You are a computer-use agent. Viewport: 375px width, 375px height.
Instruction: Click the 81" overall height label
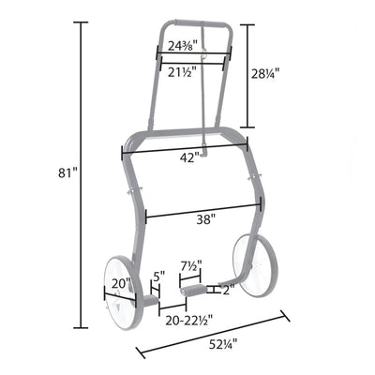[67, 172]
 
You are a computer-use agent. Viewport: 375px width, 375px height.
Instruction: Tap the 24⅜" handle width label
[184, 46]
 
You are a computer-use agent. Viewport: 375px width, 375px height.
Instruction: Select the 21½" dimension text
[182, 72]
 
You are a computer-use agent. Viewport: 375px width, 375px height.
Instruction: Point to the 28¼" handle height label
[265, 74]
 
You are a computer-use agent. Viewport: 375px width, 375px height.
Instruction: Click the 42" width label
[189, 158]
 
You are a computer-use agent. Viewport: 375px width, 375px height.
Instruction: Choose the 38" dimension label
[206, 219]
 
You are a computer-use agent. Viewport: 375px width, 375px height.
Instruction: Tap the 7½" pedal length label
[191, 266]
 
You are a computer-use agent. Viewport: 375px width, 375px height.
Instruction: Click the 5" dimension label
[158, 277]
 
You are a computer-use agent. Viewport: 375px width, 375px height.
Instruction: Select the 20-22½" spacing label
[189, 320]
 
